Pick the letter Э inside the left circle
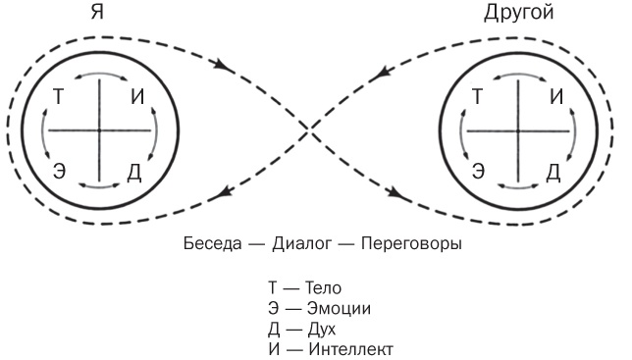60,171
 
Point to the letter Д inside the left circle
135,173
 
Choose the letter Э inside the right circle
479,171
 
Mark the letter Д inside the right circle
553,173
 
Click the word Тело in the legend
322,289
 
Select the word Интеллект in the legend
349,348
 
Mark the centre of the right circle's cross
517,130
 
